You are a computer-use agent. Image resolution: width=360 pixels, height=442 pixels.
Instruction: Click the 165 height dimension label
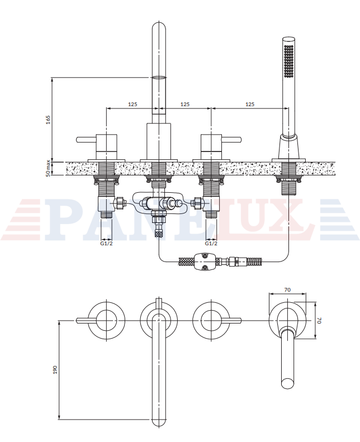point(48,120)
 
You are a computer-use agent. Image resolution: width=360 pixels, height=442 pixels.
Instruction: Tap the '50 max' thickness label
point(48,168)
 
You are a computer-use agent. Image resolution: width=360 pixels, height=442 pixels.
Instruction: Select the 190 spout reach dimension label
point(55,369)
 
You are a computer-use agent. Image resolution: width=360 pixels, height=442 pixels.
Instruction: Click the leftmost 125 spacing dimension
point(132,104)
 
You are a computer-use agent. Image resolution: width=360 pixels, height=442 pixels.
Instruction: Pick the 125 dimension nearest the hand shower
point(250,104)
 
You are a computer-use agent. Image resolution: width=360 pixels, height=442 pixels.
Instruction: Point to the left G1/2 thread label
point(106,243)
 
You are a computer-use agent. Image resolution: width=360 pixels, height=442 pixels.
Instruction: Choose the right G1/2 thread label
point(211,243)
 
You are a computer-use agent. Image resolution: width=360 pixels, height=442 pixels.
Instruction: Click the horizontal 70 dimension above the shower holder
point(287,289)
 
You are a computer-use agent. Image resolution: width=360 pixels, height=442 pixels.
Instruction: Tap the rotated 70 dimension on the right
point(319,321)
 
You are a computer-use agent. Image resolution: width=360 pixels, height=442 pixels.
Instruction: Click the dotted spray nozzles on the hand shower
point(288,60)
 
